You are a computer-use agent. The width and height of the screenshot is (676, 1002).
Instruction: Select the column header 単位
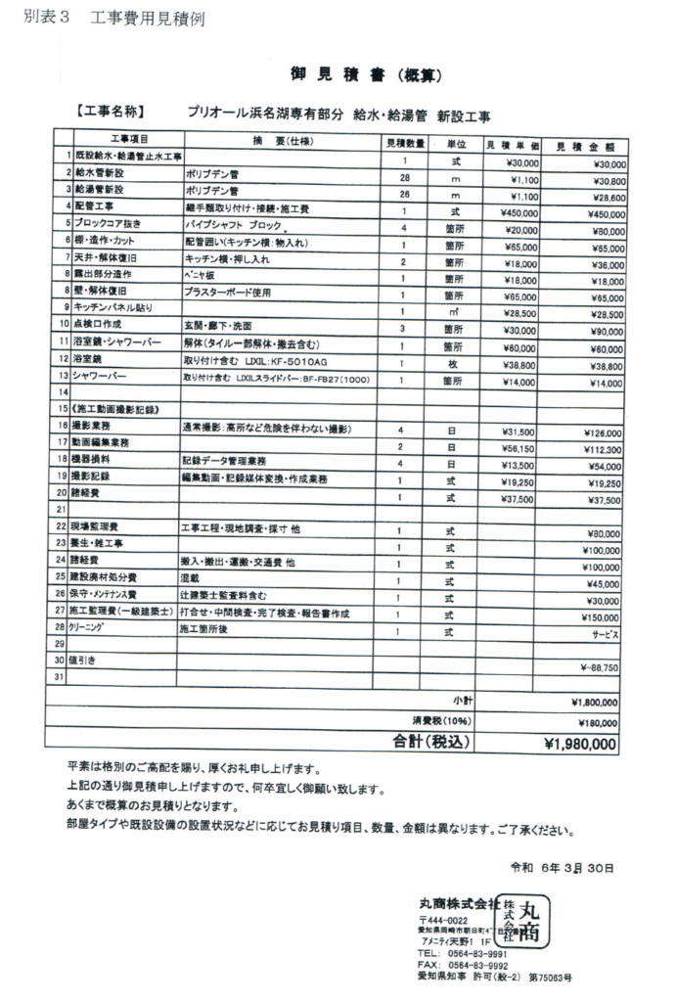[x=455, y=143]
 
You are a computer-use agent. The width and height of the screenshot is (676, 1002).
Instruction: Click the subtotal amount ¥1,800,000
[x=593, y=702]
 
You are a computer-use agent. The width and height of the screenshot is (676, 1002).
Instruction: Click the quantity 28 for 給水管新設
[x=403, y=178]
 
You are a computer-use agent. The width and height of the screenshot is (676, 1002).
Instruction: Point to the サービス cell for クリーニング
[x=604, y=633]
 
